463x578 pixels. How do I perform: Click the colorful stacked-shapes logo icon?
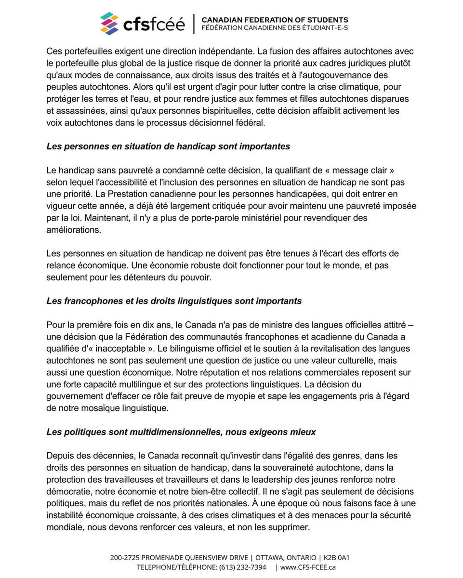(109, 24)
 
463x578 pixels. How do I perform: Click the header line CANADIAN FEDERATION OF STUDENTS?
(275, 20)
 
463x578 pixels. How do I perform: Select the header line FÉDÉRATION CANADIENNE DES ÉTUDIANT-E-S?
(275, 28)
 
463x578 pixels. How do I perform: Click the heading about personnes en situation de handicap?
(168, 146)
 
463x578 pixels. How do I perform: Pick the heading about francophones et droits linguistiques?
(174, 301)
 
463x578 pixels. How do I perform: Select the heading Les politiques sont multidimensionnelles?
(181, 432)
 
